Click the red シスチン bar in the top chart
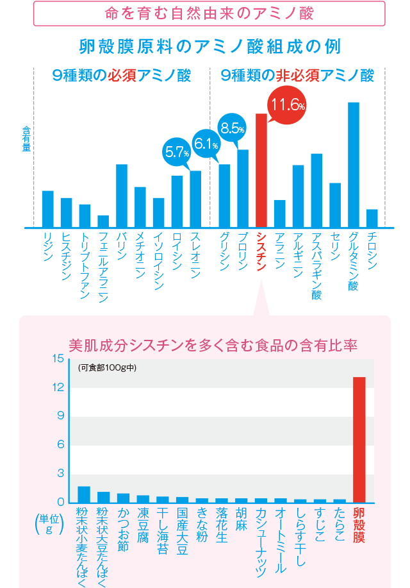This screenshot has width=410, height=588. point(261,171)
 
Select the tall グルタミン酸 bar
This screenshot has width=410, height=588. point(353,165)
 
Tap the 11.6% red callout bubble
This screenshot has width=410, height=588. point(286,106)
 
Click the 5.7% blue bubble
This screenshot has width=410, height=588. point(177,153)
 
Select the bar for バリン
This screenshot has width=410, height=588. point(122,196)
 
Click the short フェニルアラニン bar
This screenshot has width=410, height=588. point(103,221)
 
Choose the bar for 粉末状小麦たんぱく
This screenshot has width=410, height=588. point(84,494)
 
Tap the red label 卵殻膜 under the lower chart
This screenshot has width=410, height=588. point(359,526)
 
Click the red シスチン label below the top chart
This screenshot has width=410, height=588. point(261,251)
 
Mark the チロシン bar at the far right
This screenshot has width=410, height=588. point(372,219)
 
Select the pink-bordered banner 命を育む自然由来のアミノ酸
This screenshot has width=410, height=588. point(209,13)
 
